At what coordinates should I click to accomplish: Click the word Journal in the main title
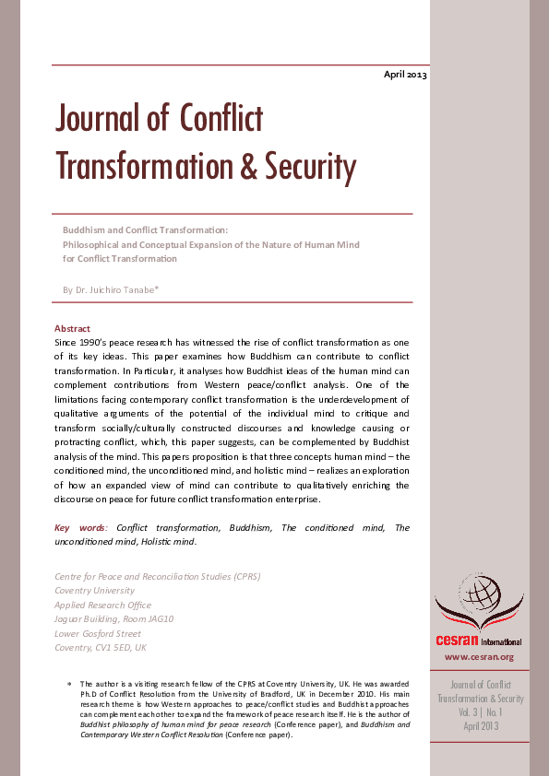pos(100,119)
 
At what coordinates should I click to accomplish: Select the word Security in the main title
pos(310,167)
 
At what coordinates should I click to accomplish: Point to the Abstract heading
pos(72,328)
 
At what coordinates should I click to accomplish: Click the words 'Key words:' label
pos(82,527)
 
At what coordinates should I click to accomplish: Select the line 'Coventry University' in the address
pos(95,590)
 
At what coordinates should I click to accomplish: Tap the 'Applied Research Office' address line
pos(103,605)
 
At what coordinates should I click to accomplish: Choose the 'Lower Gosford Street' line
pos(98,633)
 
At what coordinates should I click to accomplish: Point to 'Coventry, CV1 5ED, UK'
pos(101,647)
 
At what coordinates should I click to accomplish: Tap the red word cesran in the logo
pos(457,641)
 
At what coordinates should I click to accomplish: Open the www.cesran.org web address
pos(479,657)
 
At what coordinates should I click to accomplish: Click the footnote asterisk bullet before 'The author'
pos(70,683)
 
